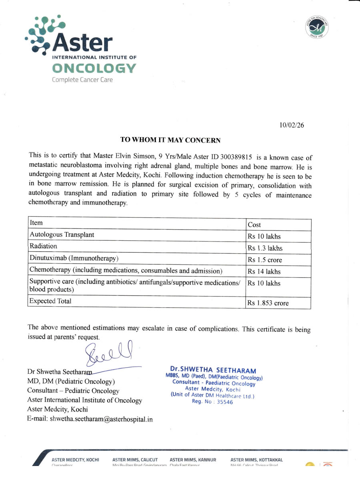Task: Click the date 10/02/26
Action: pyautogui.click(x=292, y=125)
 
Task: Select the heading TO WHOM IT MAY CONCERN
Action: pyautogui.click(x=170, y=140)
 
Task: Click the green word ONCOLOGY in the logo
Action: pyautogui.click(x=94, y=68)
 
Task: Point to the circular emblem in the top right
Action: pyautogui.click(x=317, y=28)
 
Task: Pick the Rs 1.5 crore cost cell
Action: pyautogui.click(x=264, y=260)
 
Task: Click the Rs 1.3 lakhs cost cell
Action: pyautogui.click(x=265, y=248)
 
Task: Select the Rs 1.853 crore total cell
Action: pyautogui.click(x=268, y=303)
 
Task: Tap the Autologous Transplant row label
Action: pyautogui.click(x=62, y=235)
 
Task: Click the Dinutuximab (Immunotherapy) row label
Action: pyautogui.click(x=74, y=258)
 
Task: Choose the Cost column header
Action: pyautogui.click(x=255, y=225)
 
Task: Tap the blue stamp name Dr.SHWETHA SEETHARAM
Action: pyautogui.click(x=213, y=370)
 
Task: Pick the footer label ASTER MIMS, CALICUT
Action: pyautogui.click(x=135, y=460)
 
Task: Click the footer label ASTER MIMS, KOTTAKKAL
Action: pyautogui.click(x=256, y=460)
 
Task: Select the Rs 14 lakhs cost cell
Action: pyautogui.click(x=264, y=272)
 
